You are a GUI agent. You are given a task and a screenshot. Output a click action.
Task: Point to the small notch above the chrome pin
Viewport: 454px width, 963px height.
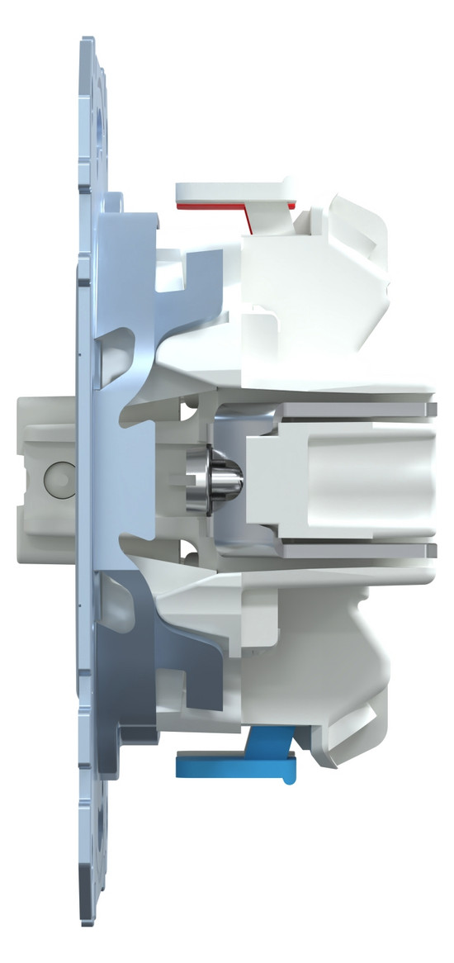tap(185, 408)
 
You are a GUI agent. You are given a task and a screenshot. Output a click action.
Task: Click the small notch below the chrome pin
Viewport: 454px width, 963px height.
tap(185, 547)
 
